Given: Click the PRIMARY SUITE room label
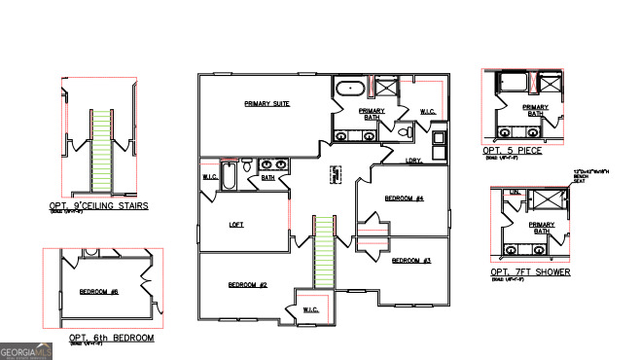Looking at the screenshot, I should pos(265,103).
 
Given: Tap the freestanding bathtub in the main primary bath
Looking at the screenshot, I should pos(350,89).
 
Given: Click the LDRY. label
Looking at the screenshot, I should pos(413,161).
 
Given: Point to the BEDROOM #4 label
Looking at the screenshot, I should pos(404,198).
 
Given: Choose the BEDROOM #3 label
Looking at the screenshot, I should pos(410,261).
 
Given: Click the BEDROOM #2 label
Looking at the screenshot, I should pos(247,285).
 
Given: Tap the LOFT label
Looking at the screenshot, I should pos(235,224).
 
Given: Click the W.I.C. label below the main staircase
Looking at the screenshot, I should pos(310,309).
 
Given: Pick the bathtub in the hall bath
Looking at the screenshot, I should pos(230,176).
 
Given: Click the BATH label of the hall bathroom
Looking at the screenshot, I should pos(267,178).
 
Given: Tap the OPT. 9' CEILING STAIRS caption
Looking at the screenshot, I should pos(98,206).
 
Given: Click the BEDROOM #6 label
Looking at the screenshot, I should pos(98,292).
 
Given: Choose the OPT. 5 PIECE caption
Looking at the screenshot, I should pos(512,151).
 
